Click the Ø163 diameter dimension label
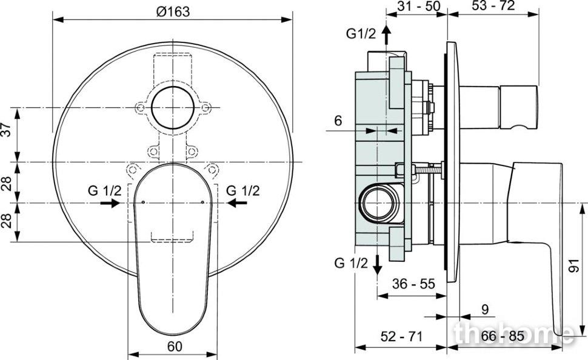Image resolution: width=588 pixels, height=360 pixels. (173, 12)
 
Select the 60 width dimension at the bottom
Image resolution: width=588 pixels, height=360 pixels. (175, 347)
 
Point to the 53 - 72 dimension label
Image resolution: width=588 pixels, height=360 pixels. (492, 5)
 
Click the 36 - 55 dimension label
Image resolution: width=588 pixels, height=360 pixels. (413, 284)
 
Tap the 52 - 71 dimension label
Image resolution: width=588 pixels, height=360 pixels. (402, 336)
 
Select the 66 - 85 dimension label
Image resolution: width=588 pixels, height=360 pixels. (502, 336)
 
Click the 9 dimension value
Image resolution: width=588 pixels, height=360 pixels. (485, 309)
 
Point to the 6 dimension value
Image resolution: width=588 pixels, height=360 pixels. (338, 121)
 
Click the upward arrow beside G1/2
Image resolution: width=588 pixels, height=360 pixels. (386, 35)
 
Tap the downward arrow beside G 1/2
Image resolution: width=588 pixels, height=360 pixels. (377, 265)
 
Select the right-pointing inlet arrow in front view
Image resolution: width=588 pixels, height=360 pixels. (110, 203)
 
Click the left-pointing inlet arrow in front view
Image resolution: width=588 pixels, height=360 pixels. (238, 203)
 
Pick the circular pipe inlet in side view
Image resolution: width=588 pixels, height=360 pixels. (379, 204)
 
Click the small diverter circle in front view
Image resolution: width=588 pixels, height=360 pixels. (173, 108)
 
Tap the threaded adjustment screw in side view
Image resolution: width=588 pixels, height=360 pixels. (419, 170)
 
